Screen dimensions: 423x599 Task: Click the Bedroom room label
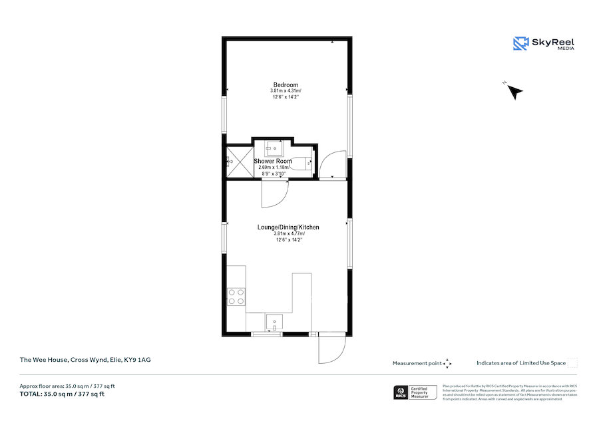click(x=285, y=84)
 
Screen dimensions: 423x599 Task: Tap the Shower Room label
click(x=273, y=162)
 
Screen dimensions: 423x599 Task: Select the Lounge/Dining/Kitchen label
click(x=288, y=227)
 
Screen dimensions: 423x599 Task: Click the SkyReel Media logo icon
click(x=520, y=44)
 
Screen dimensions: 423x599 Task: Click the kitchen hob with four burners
click(x=236, y=296)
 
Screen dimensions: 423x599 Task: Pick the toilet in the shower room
click(x=307, y=162)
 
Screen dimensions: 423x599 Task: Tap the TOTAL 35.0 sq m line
click(x=62, y=394)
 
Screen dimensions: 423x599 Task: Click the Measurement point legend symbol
click(x=447, y=363)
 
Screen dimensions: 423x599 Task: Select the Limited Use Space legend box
click(x=572, y=363)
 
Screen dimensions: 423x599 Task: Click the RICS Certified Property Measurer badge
click(x=417, y=392)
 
